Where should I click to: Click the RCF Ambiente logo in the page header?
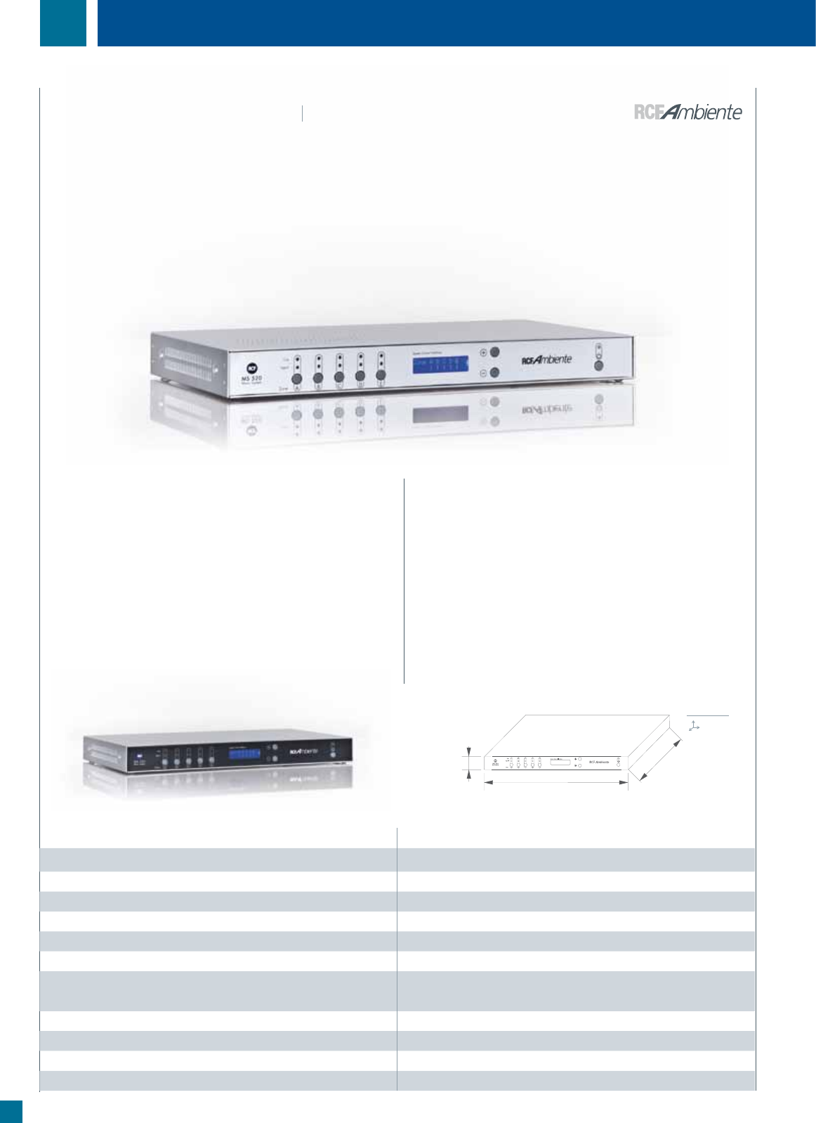pyautogui.click(x=687, y=112)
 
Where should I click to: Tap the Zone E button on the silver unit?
pyautogui.click(x=381, y=379)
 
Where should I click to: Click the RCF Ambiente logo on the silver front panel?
pyautogui.click(x=546, y=360)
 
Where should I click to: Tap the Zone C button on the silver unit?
pyautogui.click(x=339, y=378)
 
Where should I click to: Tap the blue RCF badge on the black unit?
pyautogui.click(x=140, y=756)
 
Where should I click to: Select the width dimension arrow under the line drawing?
pyautogui.click(x=555, y=782)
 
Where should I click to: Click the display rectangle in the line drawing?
pyautogui.click(x=560, y=761)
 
